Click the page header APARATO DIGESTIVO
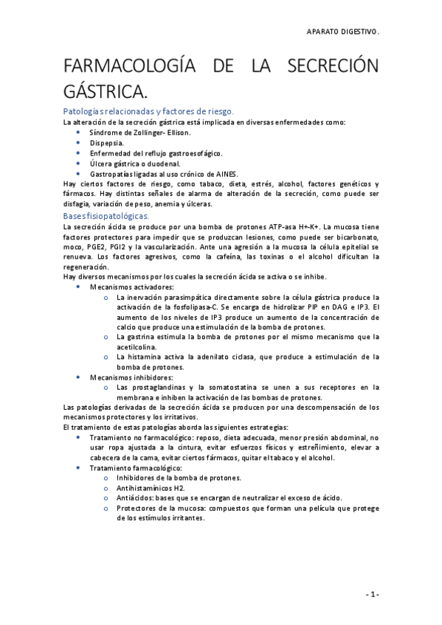343,32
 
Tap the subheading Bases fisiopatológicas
106,216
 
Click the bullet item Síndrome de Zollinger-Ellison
139,133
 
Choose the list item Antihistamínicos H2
151,487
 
